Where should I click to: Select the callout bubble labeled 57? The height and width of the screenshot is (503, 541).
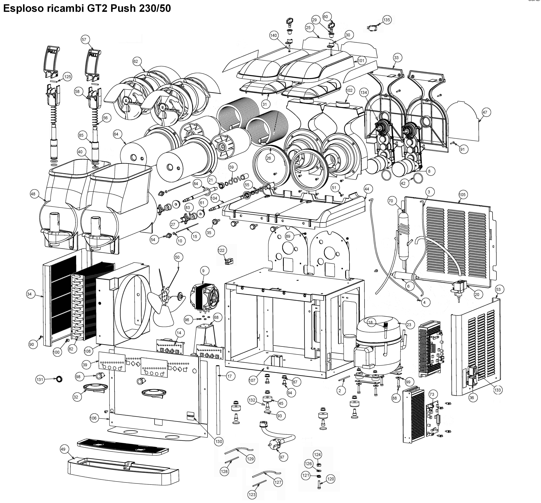[84, 39]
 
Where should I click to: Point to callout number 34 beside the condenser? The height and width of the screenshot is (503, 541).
[29, 294]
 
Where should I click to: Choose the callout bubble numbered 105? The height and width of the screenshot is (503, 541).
[462, 195]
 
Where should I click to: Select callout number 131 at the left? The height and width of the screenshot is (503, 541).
[40, 379]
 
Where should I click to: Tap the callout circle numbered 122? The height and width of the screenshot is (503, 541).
[221, 250]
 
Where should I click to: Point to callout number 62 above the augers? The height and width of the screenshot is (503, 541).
[135, 61]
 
